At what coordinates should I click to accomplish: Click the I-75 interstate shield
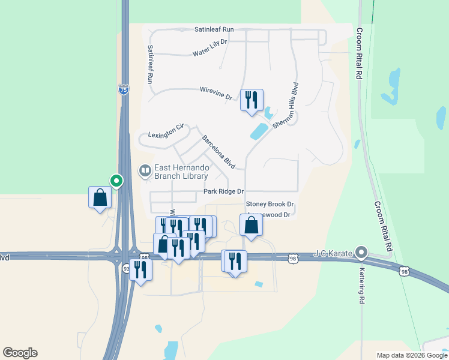tap(123, 90)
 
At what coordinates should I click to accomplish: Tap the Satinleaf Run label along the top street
tap(214, 29)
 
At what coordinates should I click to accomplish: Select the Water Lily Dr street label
tap(210, 47)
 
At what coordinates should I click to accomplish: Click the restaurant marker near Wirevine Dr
tap(252, 100)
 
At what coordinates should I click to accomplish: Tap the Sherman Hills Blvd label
tap(286, 105)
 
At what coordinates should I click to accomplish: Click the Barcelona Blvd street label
tap(218, 152)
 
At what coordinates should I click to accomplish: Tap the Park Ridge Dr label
tap(223, 191)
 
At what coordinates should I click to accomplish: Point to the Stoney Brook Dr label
tap(270, 205)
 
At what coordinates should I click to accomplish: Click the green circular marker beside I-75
tap(116, 180)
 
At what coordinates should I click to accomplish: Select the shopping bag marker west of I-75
tap(100, 197)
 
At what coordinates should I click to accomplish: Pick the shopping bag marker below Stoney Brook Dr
tap(251, 226)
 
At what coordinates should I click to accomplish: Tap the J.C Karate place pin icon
tap(361, 253)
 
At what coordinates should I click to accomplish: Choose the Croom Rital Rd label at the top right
tap(360, 53)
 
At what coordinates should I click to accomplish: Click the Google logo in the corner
tap(20, 353)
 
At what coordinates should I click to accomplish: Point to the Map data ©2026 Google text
tap(412, 355)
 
